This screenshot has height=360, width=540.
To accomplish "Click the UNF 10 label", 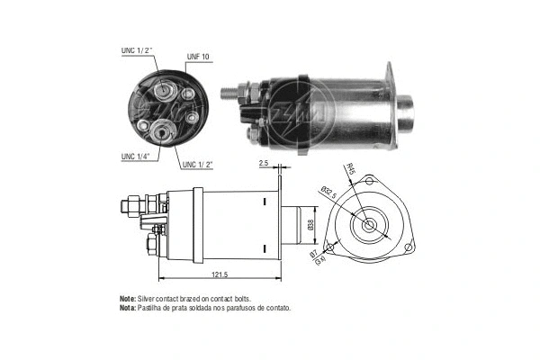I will click(x=198, y=57).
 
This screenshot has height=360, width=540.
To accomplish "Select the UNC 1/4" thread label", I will click(x=136, y=157).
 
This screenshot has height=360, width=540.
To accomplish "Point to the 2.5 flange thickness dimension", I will click(x=263, y=163).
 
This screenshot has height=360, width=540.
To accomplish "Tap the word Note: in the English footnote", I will click(x=130, y=298).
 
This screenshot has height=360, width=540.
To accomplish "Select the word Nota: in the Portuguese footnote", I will click(x=130, y=307).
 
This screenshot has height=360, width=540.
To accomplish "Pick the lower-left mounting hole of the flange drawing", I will click(x=331, y=247).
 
